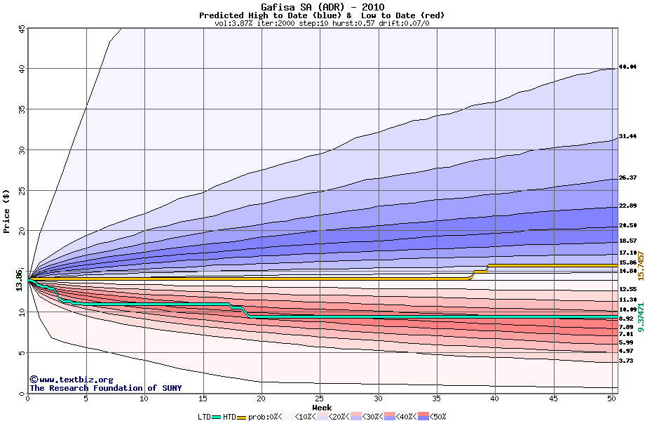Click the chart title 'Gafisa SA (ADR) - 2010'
(x=322, y=7)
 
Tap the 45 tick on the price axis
(x=22, y=29)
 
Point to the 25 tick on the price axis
(x=22, y=191)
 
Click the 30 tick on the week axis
(x=378, y=399)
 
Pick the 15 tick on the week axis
(x=203, y=399)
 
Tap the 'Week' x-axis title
(x=322, y=407)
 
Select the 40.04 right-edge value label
(x=627, y=67)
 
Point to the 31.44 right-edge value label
(x=627, y=137)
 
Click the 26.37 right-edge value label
(x=627, y=178)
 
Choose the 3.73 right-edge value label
(x=627, y=361)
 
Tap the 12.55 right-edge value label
(x=627, y=289)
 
